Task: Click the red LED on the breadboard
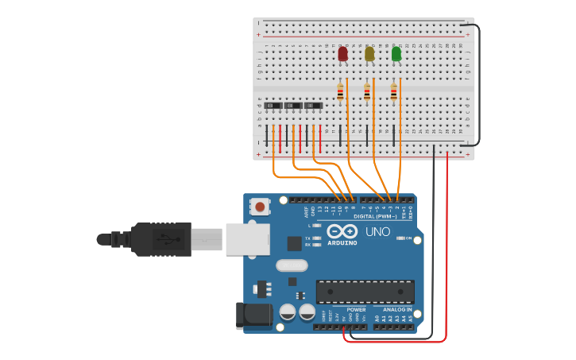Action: (x=342, y=54)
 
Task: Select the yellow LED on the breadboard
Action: (x=369, y=54)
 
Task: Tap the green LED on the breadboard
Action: (x=396, y=54)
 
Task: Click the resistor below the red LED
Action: (x=341, y=94)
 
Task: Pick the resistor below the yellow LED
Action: (x=367, y=94)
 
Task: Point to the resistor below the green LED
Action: (x=393, y=94)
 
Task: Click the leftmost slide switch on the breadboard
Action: (x=274, y=106)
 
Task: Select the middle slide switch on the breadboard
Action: (x=294, y=106)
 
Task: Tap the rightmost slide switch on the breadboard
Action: (x=314, y=106)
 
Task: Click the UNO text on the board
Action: (x=377, y=232)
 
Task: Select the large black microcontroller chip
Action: (x=365, y=292)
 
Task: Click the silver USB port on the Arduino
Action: (x=246, y=238)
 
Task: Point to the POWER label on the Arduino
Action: (x=356, y=309)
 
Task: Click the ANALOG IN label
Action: (x=396, y=309)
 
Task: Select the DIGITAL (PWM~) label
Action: (x=376, y=216)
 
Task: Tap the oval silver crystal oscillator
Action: (x=290, y=265)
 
